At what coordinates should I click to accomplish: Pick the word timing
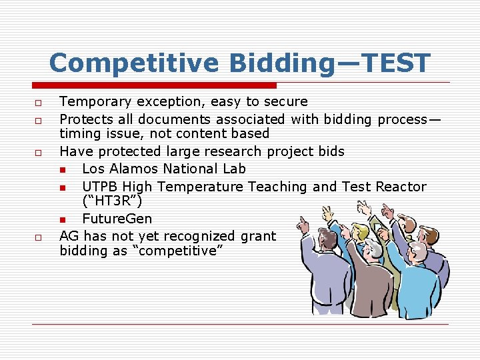coord(79,134)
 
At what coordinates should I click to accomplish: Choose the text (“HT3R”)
coord(111,201)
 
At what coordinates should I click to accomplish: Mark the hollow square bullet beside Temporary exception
coord(39,103)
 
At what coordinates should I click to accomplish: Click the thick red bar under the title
coord(153,85)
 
